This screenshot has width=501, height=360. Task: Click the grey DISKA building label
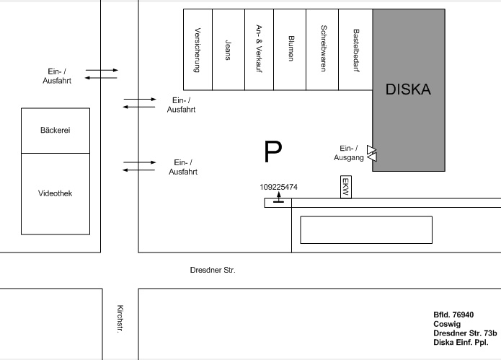408,90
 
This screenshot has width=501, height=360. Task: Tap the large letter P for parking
272,152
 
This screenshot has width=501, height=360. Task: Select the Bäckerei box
56,131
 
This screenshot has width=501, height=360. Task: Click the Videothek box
56,193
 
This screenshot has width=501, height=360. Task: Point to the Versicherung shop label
198,50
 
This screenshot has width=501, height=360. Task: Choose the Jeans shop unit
229,50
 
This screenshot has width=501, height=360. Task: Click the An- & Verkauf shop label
260,50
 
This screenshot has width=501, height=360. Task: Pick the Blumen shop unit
291,50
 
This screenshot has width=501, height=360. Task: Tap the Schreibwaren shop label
322,50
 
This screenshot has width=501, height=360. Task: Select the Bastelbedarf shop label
355,50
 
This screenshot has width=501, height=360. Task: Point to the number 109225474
278,187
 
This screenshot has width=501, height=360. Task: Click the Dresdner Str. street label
213,271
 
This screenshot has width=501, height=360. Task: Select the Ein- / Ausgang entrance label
346,152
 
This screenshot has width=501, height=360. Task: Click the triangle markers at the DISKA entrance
372,153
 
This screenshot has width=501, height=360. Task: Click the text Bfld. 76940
453,315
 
